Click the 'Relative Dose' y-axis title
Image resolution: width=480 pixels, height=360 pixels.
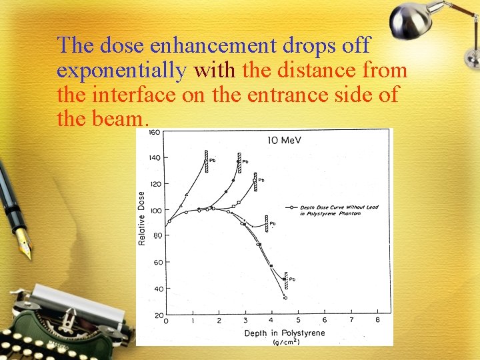141,219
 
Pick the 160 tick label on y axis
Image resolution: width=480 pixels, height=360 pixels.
154,132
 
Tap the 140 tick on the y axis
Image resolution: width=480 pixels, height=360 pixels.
154,158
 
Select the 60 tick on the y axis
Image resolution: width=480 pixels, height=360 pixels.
157,262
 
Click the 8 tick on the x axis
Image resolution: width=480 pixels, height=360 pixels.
377,321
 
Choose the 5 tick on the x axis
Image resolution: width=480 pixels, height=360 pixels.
298,321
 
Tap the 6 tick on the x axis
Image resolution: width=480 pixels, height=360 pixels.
325,321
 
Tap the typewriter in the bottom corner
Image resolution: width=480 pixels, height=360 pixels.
63,320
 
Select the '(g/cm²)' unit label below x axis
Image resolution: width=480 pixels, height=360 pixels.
286,342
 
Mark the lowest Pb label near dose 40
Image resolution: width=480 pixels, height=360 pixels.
292,279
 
